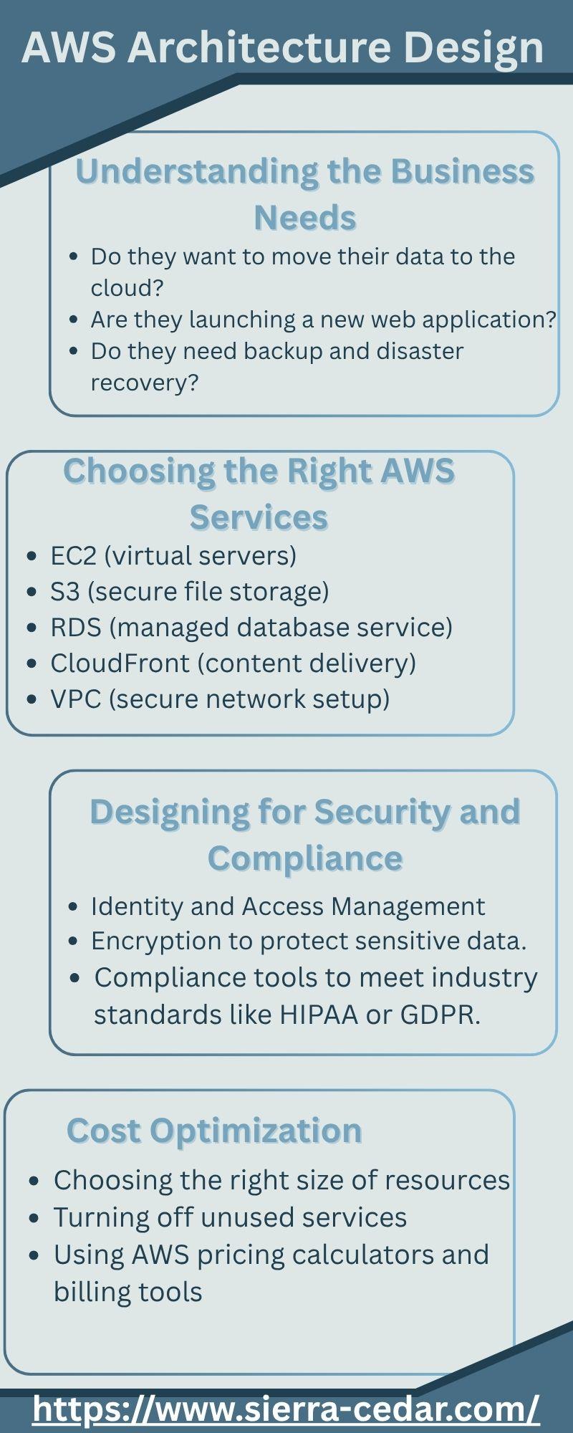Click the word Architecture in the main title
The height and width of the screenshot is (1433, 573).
[260, 48]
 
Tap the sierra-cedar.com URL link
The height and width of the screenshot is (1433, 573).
[286, 1408]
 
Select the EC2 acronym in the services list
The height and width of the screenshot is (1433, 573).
[73, 555]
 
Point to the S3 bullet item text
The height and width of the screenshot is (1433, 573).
[190, 592]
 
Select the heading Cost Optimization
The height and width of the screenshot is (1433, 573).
[214, 1131]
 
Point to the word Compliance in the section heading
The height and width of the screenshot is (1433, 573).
[305, 859]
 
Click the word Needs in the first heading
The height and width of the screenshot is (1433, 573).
[305, 218]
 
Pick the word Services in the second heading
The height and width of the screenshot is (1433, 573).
[259, 517]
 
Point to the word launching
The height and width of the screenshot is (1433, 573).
[241, 320]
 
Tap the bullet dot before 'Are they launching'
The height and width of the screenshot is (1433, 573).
[74, 320]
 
